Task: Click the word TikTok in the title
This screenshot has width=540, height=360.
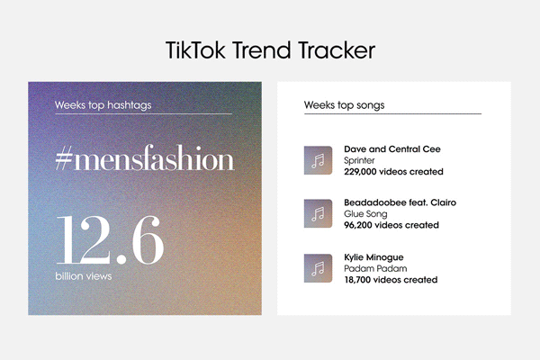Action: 195,50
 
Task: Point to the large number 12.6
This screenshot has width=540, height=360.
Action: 110,240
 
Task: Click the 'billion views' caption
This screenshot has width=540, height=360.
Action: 84,276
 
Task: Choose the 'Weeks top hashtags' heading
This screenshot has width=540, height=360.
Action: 103,105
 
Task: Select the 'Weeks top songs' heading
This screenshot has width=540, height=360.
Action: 344,105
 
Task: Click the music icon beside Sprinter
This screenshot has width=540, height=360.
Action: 318,160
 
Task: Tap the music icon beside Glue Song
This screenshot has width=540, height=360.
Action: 318,213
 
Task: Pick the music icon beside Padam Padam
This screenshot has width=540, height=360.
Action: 318,268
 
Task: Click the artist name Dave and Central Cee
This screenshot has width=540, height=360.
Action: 392,149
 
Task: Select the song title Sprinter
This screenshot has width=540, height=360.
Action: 359,160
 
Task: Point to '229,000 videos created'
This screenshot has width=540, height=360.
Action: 393,172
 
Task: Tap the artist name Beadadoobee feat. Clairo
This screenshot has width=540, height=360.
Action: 400,202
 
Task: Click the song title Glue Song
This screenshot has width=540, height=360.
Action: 365,214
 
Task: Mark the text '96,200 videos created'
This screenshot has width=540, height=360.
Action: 391,225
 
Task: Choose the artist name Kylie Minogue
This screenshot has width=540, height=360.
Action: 373,257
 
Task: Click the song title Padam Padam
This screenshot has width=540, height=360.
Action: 375,268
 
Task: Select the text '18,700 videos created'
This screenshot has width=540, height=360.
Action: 391,280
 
